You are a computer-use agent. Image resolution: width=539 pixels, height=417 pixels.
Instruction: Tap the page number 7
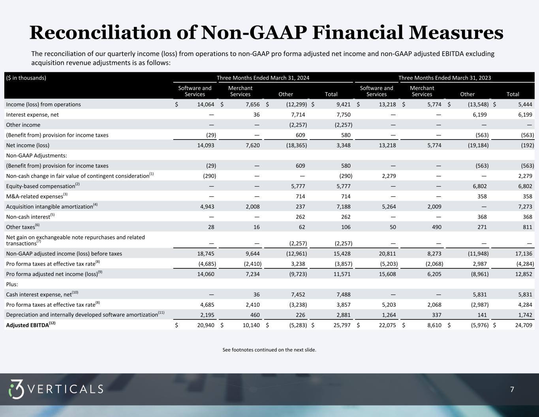point(512,390)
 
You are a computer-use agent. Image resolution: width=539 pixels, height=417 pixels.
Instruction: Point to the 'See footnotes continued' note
point(269,350)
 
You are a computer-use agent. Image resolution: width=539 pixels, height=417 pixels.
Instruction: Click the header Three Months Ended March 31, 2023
point(445,78)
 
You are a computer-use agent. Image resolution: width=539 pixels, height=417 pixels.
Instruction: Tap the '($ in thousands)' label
point(26,78)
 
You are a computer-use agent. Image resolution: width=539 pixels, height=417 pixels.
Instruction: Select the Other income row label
point(23,125)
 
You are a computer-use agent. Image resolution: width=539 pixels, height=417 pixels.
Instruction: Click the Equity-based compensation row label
point(41,186)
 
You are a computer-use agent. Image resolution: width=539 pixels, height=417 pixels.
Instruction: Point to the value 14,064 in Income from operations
point(205,104)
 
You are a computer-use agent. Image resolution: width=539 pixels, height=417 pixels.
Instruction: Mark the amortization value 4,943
point(206,207)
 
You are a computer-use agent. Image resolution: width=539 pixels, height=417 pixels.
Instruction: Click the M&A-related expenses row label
point(35,196)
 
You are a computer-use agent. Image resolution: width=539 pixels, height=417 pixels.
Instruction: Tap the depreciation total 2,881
point(342,315)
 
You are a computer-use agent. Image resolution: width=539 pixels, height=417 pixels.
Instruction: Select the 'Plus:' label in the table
point(12,284)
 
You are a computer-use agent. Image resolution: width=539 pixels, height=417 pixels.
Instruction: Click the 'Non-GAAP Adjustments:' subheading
point(36,156)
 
